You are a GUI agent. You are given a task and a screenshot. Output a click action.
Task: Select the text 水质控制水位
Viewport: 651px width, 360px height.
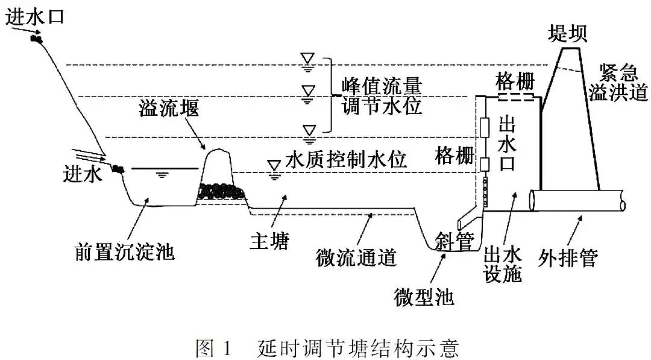point(346,160)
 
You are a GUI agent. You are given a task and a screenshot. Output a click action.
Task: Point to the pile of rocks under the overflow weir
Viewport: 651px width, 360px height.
point(221,191)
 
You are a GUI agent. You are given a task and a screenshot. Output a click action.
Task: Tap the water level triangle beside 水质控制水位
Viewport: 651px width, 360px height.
point(275,166)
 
